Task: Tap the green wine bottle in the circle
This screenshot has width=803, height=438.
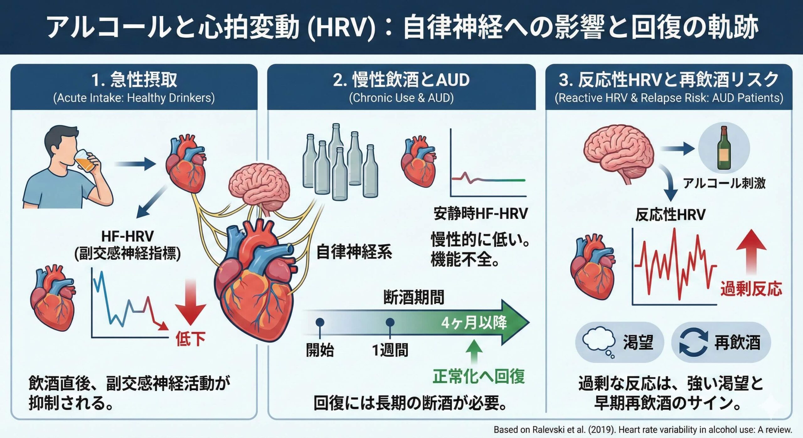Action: coord(724,148)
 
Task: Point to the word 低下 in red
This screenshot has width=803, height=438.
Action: coord(190,339)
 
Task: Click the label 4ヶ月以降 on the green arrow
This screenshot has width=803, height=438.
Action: coord(474,323)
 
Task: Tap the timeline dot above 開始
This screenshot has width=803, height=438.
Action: coord(320,322)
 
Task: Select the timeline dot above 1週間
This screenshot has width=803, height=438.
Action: coord(390,322)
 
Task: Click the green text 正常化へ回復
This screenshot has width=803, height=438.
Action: coord(479,376)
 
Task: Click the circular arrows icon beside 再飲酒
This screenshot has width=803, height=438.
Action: coord(694,342)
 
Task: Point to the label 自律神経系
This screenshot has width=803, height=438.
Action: coord(354,252)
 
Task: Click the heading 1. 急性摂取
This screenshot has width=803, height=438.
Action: coord(134,80)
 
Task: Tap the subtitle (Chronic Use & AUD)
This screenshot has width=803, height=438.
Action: coord(401,98)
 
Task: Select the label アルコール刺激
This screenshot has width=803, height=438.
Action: coord(724,183)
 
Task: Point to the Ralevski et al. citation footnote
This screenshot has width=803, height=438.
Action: coord(643,430)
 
